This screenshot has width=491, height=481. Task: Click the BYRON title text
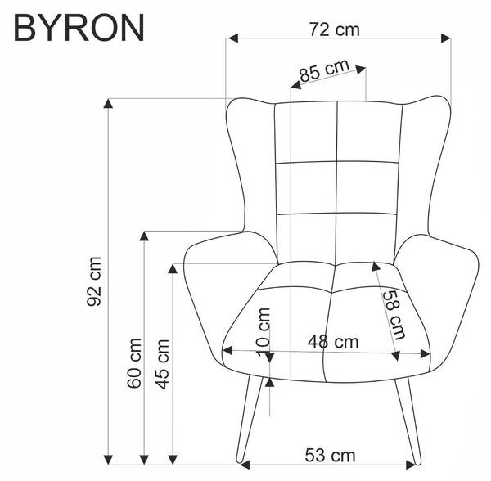pos(80,26)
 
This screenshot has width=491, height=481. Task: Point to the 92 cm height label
pos(96,280)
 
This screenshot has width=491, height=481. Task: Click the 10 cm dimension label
pos(263,331)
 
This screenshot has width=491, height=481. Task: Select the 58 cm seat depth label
pos(394,315)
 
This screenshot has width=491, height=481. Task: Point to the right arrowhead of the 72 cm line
pos(447,38)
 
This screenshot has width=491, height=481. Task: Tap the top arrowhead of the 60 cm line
pos(144,236)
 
